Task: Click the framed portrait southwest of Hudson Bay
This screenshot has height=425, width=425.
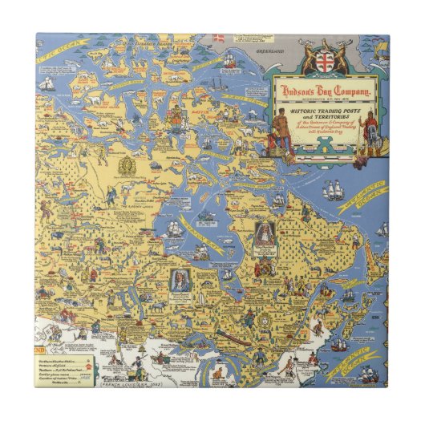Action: point(182,280)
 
